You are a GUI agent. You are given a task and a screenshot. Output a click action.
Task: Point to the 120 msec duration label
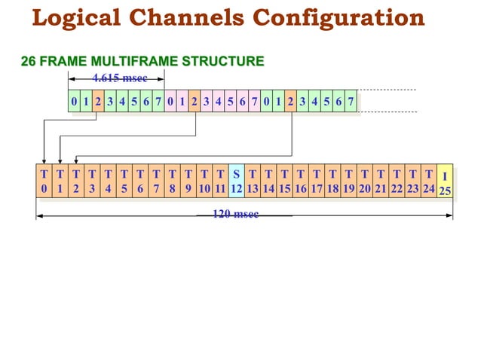coord(235,215)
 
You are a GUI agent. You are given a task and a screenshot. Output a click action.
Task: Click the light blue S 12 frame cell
coord(236,182)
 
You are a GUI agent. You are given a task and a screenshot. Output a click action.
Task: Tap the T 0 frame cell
coord(44,182)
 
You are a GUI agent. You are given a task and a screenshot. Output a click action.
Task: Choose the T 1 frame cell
coord(60,182)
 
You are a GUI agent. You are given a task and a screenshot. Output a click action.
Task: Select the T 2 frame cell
coord(75,182)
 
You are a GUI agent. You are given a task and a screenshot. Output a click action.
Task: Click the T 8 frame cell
coord(172,182)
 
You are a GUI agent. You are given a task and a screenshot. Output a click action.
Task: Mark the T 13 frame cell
coord(253,182)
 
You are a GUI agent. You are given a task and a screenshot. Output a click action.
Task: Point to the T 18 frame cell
coord(332,182)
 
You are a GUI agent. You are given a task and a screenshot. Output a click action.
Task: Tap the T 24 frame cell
coord(428,182)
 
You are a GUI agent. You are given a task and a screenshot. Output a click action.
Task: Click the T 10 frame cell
coord(204,182)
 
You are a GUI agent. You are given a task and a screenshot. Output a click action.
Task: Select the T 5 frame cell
coord(124,182)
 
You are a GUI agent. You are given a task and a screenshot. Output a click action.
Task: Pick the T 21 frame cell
coord(381,182)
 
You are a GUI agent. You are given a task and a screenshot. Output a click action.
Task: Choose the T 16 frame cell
coord(301,182)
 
